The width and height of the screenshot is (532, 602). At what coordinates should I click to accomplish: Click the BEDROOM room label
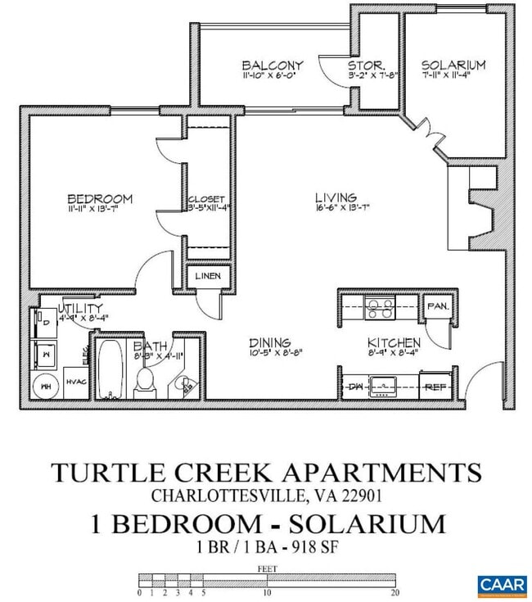tap(100, 199)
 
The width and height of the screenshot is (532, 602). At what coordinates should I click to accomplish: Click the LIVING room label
tap(336, 197)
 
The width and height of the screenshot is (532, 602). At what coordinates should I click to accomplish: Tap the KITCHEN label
tap(394, 342)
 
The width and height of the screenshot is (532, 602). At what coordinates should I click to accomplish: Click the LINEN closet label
tap(208, 277)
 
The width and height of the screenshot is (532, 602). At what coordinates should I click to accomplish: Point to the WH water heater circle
tap(45, 385)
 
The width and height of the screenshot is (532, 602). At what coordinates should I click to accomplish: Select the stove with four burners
tap(380, 307)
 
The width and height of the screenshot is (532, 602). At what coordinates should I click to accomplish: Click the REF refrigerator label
tap(434, 386)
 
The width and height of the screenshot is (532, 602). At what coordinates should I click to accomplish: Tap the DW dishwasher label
tap(355, 385)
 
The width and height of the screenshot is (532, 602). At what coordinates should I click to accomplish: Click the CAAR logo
tap(501, 585)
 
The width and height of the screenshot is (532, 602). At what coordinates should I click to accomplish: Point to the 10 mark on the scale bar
tap(267, 592)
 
